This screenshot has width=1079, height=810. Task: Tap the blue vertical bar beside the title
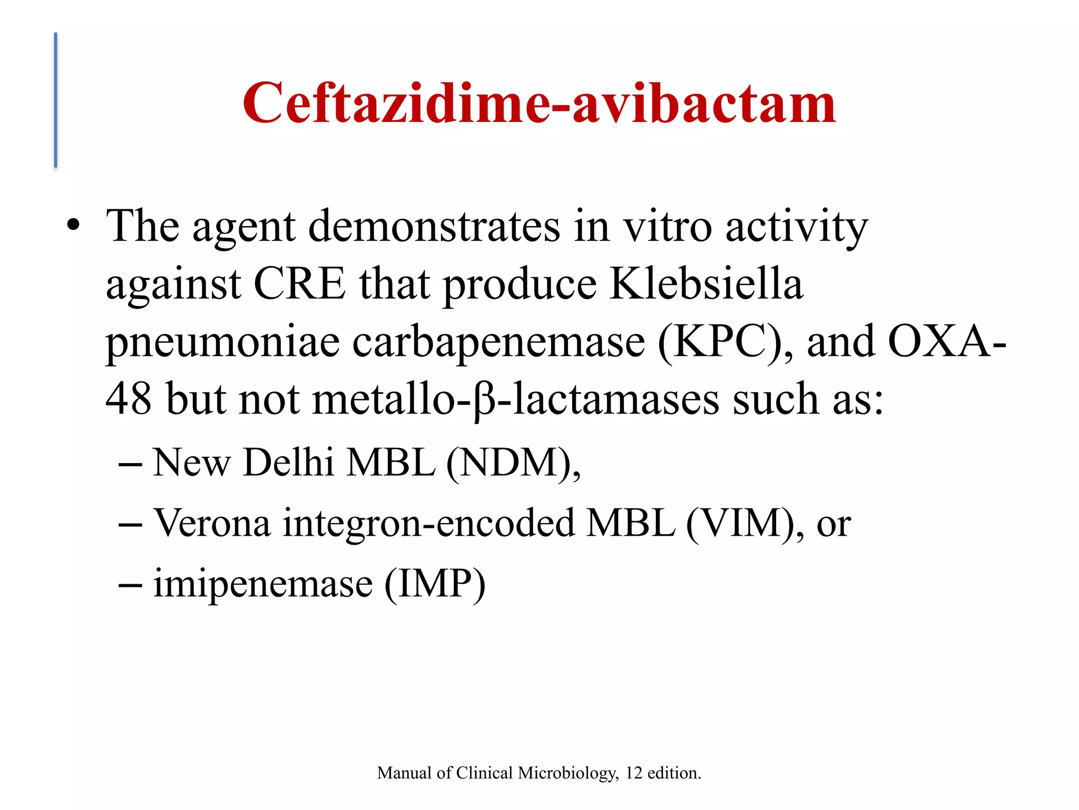pos(56,100)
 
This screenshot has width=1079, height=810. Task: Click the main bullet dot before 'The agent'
pos(74,227)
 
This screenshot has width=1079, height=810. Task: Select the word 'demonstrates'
pos(434,227)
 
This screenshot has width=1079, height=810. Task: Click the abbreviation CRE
pos(299,284)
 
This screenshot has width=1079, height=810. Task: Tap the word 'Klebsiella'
pos(706,284)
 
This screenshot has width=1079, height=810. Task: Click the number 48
pos(129,399)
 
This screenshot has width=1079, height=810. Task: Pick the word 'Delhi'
pos(288,462)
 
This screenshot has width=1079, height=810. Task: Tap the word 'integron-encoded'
pos(428,524)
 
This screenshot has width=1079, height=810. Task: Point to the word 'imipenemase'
pos(263,584)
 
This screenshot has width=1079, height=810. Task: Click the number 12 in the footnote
pos(634,773)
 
